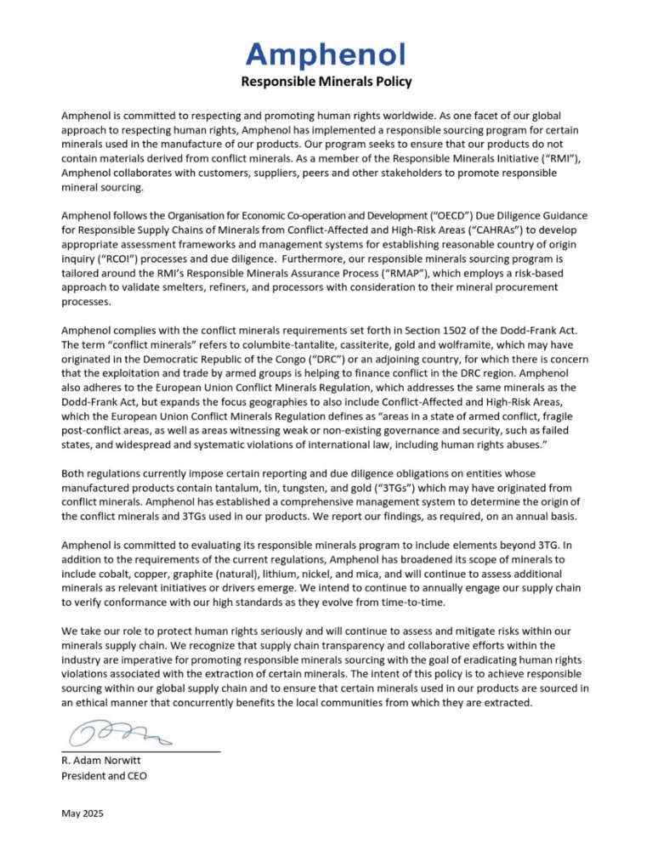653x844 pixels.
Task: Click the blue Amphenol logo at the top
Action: click(x=326, y=55)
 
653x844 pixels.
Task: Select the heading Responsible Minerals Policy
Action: click(x=326, y=82)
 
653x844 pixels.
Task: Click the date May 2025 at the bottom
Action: click(x=83, y=814)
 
